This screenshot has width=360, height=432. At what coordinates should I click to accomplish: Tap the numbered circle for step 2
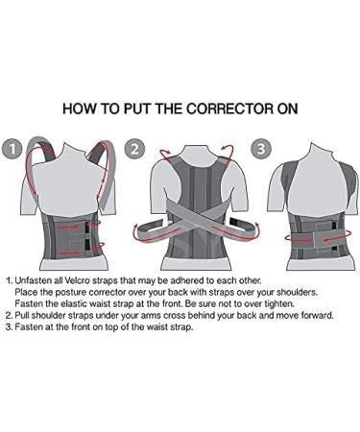[x=134, y=150]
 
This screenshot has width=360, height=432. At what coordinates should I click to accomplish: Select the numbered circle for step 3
[x=258, y=150]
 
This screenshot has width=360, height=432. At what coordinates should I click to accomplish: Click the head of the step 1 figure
[x=64, y=144]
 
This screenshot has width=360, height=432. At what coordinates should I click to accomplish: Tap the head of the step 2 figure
[x=182, y=144]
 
